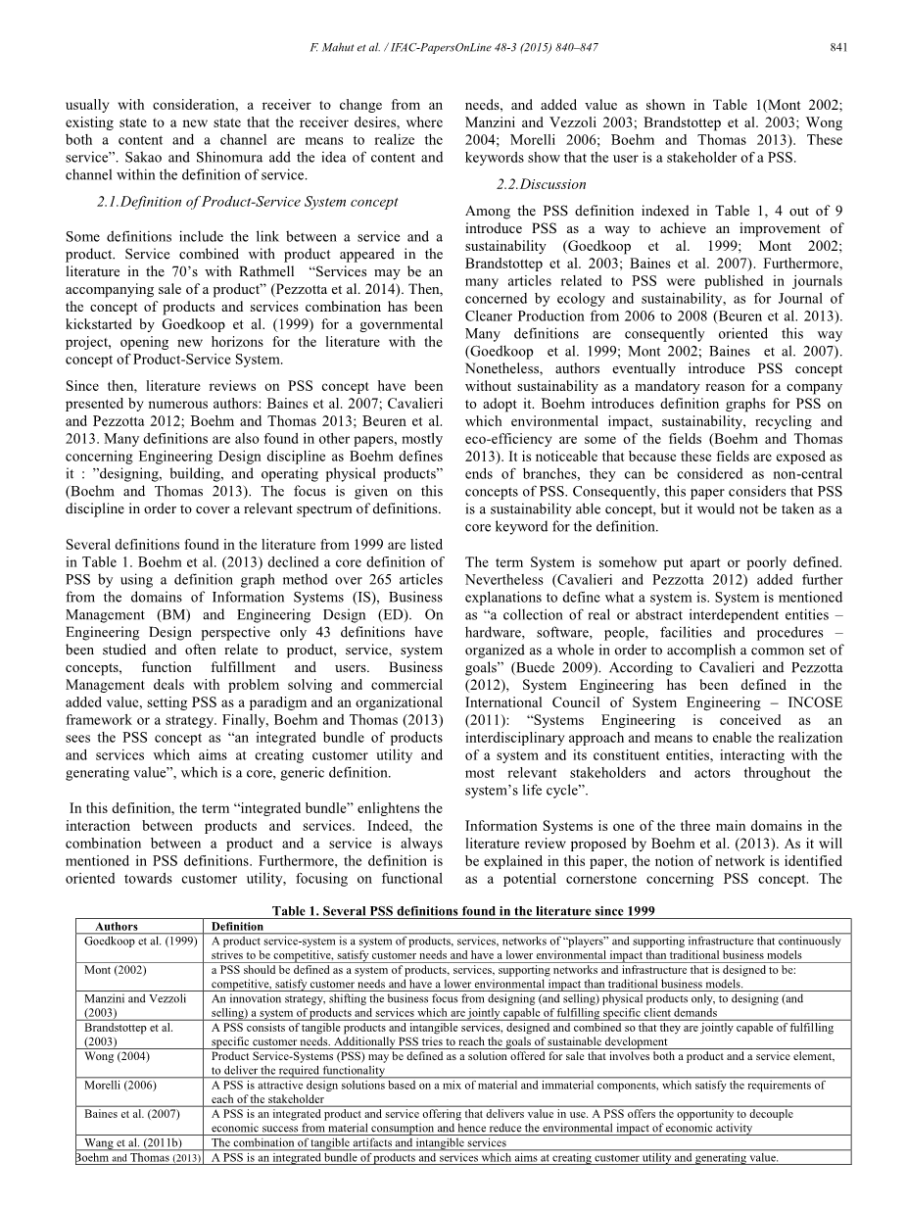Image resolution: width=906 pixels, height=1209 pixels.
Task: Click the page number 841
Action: coord(837,47)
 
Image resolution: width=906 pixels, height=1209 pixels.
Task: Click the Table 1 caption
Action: coord(463,911)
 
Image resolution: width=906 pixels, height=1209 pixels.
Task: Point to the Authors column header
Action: coord(117,926)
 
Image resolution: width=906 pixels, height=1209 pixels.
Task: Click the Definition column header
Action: coord(238,926)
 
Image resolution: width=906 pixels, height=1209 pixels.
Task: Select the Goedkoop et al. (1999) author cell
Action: coord(141,941)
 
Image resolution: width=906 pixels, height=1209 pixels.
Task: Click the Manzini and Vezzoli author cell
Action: coord(135,998)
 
